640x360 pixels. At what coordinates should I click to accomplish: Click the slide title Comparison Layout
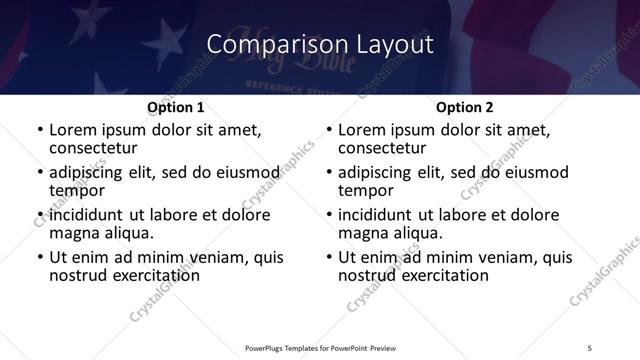click(x=320, y=45)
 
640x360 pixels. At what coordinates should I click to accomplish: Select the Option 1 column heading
click(x=175, y=107)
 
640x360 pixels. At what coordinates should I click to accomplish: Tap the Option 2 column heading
click(x=465, y=107)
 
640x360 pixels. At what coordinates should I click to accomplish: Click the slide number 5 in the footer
click(x=590, y=346)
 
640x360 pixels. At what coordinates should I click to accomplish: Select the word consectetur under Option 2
click(x=382, y=149)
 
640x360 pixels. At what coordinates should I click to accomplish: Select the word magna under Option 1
click(x=74, y=233)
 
